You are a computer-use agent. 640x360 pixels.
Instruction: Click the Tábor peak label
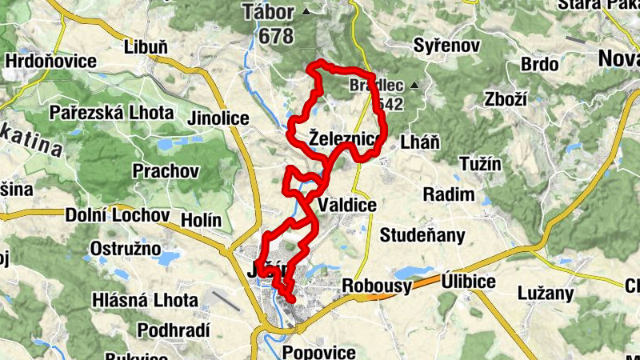tap(270, 12)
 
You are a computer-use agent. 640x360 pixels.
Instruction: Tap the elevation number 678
tap(275, 36)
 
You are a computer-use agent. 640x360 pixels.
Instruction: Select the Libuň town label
tap(146, 47)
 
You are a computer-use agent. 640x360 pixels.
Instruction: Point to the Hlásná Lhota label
tap(145, 301)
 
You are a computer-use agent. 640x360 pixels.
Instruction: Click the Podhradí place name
tap(174, 330)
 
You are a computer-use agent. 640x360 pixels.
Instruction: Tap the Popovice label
tap(318, 352)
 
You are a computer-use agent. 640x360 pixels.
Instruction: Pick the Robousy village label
tap(376, 286)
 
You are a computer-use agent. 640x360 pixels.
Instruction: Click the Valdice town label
tap(346, 206)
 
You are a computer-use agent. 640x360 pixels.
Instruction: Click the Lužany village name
tap(546, 293)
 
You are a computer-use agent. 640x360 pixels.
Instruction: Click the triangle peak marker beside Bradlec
tap(414, 85)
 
